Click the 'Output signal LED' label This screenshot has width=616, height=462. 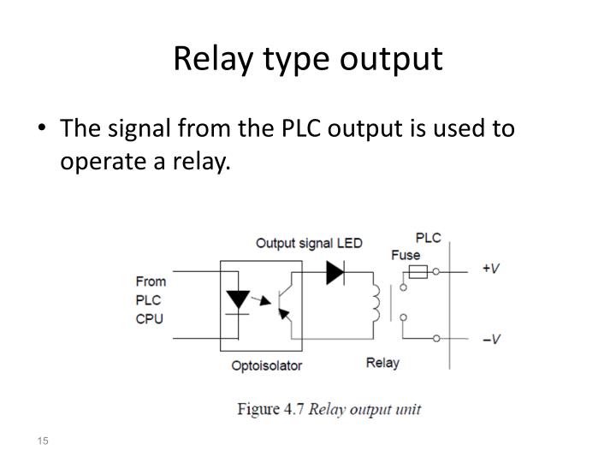click(x=309, y=243)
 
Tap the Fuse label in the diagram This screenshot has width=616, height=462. click(x=406, y=255)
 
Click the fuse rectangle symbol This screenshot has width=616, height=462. click(x=417, y=272)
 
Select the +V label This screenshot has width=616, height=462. click(x=492, y=269)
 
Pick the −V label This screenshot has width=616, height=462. click(x=492, y=339)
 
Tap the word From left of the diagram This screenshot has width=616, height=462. click(x=151, y=281)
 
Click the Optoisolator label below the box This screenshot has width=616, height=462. click(x=266, y=365)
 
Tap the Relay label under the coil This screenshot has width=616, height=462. click(x=382, y=363)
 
